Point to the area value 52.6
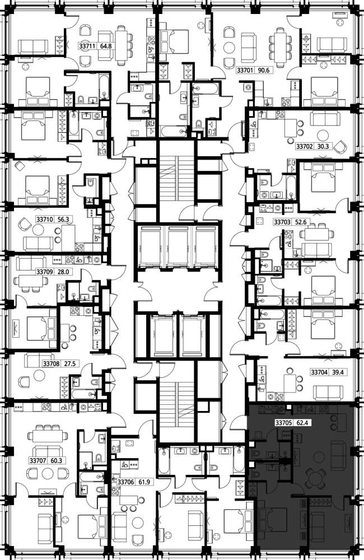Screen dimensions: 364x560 pos(300,222)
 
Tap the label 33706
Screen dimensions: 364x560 pos(126,482)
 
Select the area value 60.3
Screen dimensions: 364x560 pos(56,461)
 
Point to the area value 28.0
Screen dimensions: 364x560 pos(63,272)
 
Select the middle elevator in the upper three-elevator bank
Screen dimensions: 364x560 pos(178,246)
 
